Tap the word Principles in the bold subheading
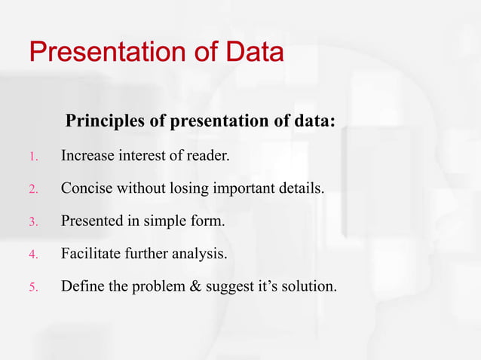(103, 121)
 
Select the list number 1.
(33, 157)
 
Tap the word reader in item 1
(207, 156)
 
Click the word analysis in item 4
(201, 254)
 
